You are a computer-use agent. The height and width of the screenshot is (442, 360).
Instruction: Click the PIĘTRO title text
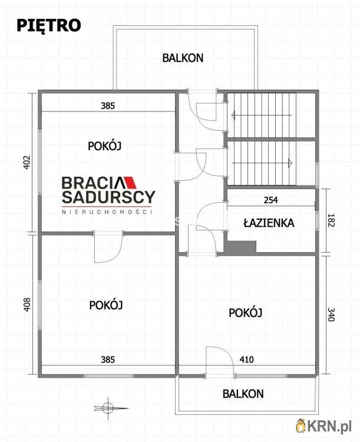click(49, 25)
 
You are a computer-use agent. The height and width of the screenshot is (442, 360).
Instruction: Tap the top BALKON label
click(183, 58)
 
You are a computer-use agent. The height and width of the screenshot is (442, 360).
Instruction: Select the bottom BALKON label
click(243, 394)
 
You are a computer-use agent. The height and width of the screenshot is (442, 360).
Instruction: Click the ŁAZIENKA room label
click(268, 223)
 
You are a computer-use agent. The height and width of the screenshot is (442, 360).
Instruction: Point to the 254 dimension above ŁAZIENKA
click(270, 200)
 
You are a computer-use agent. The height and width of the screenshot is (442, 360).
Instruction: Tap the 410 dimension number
click(247, 358)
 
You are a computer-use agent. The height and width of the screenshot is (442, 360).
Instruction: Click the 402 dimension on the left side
click(26, 162)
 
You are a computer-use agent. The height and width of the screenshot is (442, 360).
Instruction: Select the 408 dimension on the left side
click(26, 304)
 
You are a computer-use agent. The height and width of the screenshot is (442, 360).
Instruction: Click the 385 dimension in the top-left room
click(107, 107)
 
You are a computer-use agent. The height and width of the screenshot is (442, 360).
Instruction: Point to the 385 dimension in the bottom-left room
click(107, 358)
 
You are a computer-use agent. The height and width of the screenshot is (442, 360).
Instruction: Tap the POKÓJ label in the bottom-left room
click(105, 305)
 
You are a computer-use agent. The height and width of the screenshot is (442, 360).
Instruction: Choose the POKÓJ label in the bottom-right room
click(245, 312)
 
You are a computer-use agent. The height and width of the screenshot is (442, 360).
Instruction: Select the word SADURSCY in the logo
click(109, 197)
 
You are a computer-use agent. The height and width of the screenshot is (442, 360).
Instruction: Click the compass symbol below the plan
click(107, 407)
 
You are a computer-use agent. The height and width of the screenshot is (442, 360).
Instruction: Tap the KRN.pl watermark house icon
click(300, 425)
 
